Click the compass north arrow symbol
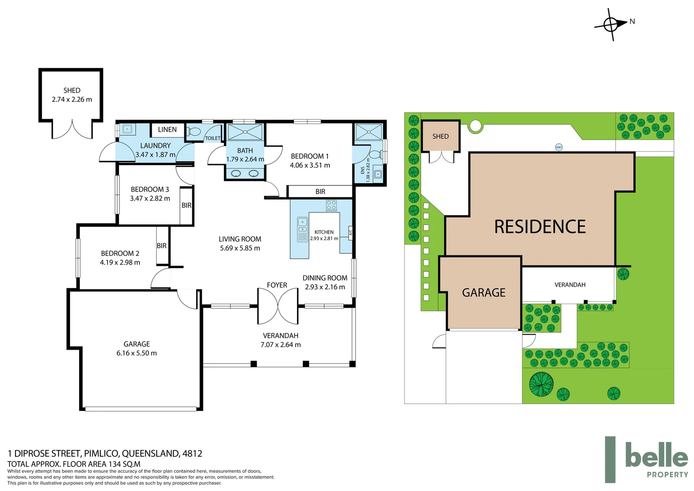[611, 24]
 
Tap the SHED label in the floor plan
[72, 90]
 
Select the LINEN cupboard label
[167, 130]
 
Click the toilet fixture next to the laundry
[194, 132]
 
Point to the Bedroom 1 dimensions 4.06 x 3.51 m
[310, 165]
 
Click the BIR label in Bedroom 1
[320, 192]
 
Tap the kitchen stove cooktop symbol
[331, 205]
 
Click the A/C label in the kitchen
[350, 233]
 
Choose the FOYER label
[277, 285]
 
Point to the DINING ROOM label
[325, 278]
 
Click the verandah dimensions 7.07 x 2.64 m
[280, 345]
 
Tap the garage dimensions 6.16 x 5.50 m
[136, 353]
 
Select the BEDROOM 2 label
[120, 253]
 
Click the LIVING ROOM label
[240, 239]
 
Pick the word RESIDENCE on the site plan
[540, 227]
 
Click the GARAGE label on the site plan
[483, 293]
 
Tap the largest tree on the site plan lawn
[541, 384]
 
